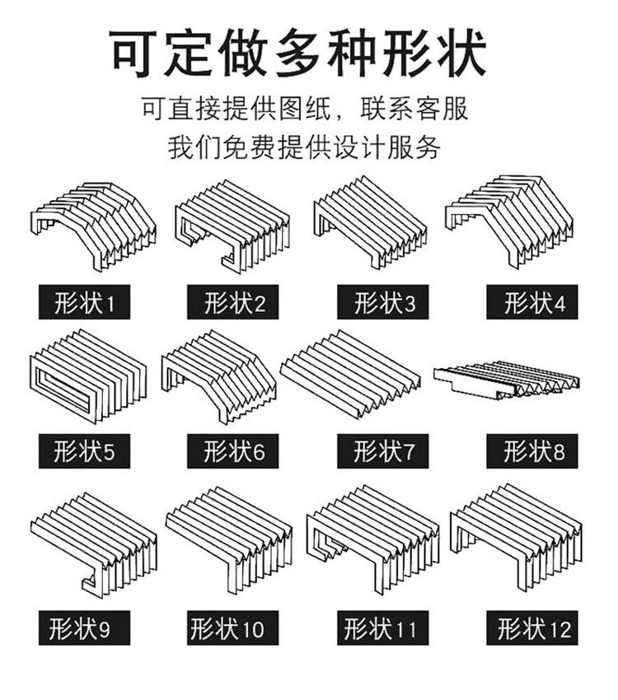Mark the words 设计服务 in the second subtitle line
390,149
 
